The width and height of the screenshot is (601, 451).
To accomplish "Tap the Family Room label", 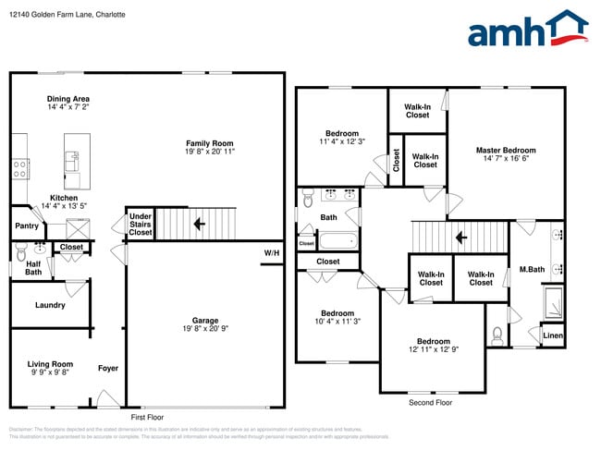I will pos(209,143).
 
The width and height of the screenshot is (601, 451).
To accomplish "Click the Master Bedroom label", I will pos(506,150).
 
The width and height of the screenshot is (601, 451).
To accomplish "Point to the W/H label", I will pos(271,253).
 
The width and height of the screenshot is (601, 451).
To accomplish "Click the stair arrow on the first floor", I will pos(198,223).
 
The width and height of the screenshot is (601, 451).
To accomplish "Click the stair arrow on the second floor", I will pos(460,238).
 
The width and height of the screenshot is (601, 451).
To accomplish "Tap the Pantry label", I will pos(27,225).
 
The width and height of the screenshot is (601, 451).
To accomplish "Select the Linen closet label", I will pos(552,335).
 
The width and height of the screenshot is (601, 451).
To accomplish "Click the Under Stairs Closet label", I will pos(140,225).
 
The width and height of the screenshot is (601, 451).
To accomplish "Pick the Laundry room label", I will pos(49,305).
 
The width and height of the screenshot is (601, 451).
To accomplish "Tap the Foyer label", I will pos(108,368).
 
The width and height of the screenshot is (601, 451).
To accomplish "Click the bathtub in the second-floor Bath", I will pos(337,242).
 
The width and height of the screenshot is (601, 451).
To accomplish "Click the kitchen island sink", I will pos(72,159).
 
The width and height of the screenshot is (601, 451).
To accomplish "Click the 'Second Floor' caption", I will pos(430,403).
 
